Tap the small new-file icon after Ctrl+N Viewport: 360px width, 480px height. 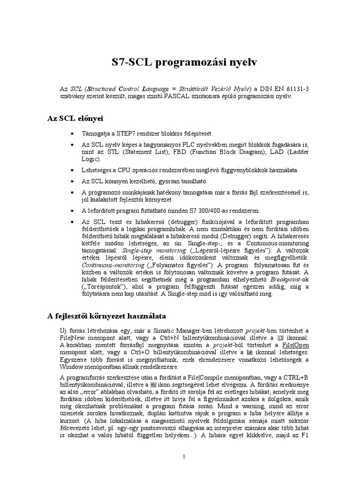280,337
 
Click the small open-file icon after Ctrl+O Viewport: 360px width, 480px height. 250,352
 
